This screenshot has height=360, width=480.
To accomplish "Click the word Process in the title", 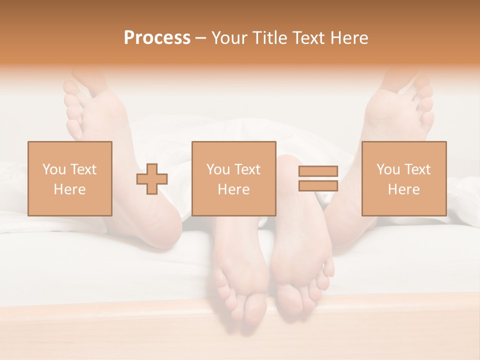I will coord(157,38).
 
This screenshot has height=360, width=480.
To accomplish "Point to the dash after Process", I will coord(201,38).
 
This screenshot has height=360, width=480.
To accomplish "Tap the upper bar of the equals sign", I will coord(318,171).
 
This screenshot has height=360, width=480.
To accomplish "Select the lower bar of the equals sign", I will coord(318,185).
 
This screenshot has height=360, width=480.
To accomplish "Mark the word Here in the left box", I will coord(69,189).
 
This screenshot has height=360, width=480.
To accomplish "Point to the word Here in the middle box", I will coord(233,189).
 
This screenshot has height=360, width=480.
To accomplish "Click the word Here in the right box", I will coord(403,189).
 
